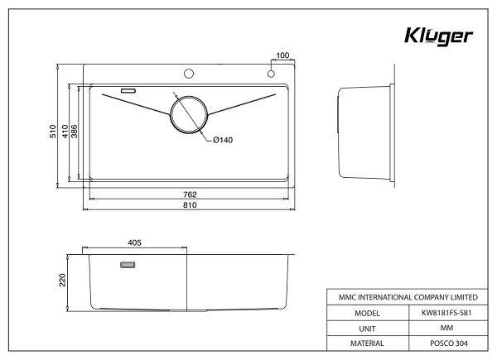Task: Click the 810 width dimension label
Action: [x=190, y=205]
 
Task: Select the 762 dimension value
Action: [x=190, y=194]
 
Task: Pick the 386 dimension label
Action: [x=75, y=132]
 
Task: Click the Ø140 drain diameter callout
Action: [x=222, y=140]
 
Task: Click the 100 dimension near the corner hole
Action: [x=282, y=55]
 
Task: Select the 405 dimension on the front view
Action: [x=136, y=242]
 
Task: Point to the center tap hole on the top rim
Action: [x=190, y=73]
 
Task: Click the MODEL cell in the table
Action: [x=366, y=314]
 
